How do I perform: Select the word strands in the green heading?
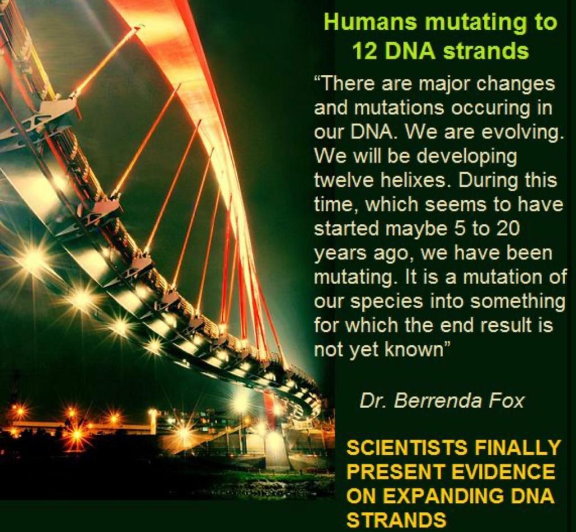coord(486,52)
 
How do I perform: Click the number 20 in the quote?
coord(508,229)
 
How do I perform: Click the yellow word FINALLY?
coord(517,448)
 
